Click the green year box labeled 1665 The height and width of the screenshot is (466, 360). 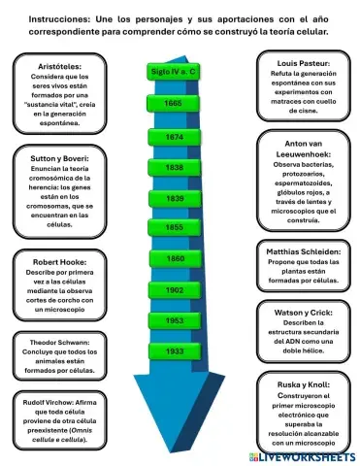click(x=174, y=103)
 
